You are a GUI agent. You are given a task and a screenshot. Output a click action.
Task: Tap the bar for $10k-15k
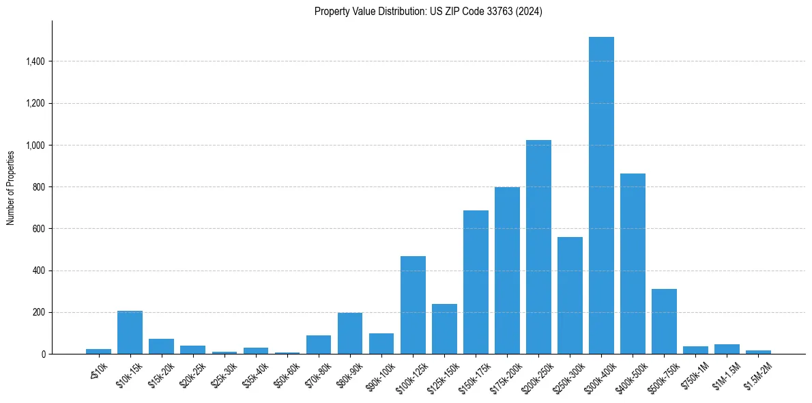pos(130,333)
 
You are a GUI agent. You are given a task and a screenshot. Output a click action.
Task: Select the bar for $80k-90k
pos(350,333)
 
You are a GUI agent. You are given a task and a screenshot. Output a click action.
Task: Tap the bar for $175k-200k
pos(507,270)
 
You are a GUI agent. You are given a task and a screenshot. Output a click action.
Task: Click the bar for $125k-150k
pos(444,329)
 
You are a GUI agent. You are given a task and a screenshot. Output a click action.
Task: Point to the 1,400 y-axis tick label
pos(35,61)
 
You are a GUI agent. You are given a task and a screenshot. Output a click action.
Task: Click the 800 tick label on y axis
pos(38,187)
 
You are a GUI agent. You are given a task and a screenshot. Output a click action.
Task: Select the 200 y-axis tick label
pos(38,312)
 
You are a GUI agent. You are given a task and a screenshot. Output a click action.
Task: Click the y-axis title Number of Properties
pos(11,188)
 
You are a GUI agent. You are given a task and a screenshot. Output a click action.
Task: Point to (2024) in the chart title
pos(530,12)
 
